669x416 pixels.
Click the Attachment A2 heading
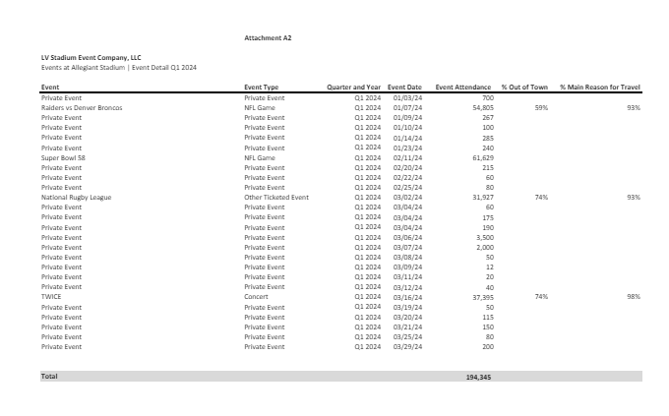pos(268,37)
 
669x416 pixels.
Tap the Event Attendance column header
pos(463,88)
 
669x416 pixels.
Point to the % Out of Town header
pos(524,88)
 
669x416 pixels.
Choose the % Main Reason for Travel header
pos(600,88)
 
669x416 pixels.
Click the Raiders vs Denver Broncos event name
pos(82,107)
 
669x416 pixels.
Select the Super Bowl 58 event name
pos(61,157)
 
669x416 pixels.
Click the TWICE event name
pos(51,296)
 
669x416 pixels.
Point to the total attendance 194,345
pos(479,377)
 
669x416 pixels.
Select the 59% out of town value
pos(540,107)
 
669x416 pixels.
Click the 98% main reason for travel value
pos(633,296)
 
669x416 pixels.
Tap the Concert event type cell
pos(256,296)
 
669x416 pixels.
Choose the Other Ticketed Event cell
pos(275,198)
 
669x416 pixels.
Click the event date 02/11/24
pos(407,157)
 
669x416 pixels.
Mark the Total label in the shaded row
pos(49,376)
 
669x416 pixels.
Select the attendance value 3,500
pos(483,237)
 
